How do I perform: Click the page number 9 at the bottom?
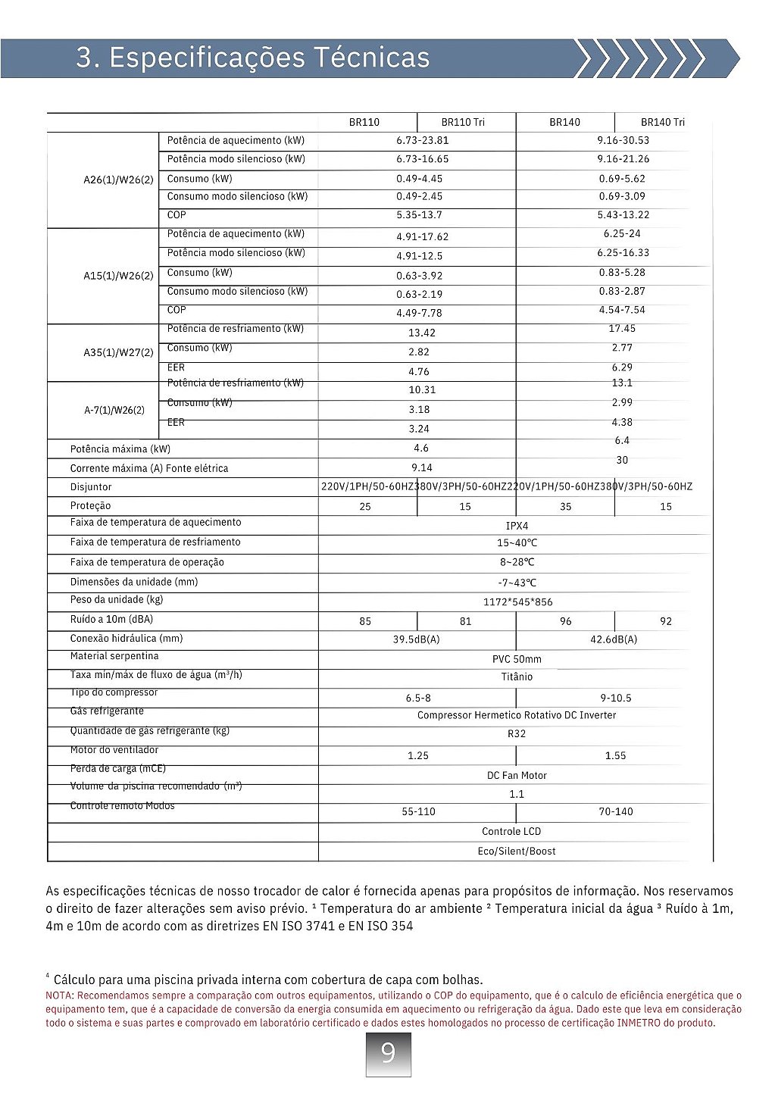pos(388,1053)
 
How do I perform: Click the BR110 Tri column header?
pos(463,122)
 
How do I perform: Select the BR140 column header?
pos(565,122)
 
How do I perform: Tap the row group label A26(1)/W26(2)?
pos(118,180)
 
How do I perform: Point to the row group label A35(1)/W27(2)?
pos(118,352)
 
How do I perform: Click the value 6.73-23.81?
pos(422,140)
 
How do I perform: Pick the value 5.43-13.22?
pos(623,215)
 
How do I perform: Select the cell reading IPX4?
pos(517,526)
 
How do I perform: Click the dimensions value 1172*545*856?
pos(517,602)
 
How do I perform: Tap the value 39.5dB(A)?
pos(416,639)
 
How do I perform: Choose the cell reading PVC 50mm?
pos(517,659)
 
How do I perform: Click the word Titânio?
pos(517,677)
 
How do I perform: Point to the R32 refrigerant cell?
pos(517,733)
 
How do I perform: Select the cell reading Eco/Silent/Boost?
pos(517,851)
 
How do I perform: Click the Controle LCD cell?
pos(511,831)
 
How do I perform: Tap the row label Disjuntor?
pos(91,487)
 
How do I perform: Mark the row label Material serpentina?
pos(114,656)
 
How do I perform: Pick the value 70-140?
pos(615,811)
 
